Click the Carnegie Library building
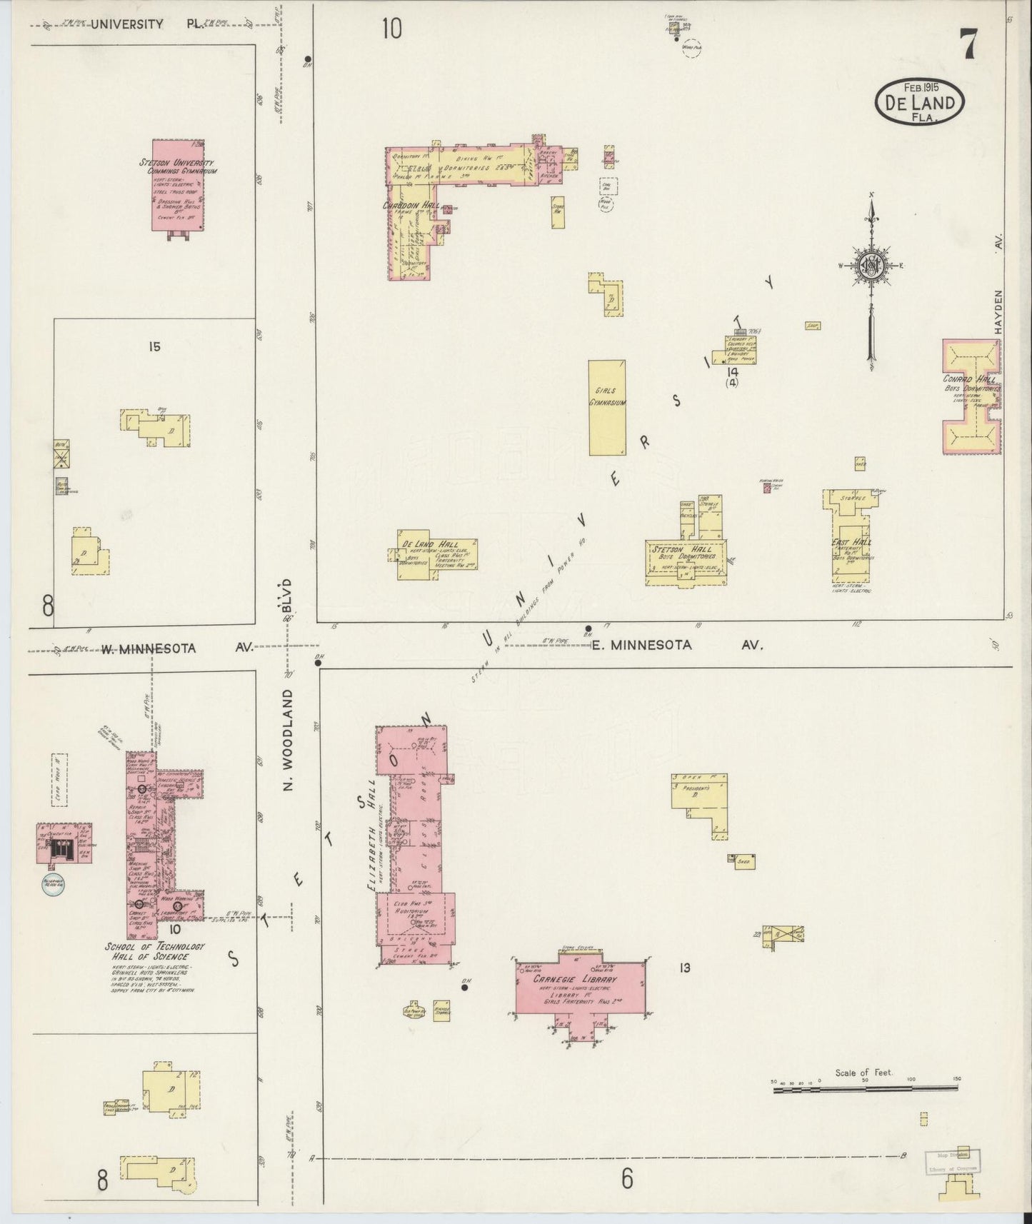582,986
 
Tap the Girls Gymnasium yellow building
606,407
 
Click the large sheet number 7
968,46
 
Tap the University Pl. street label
126,24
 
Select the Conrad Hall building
971,396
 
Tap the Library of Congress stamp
953,1161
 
